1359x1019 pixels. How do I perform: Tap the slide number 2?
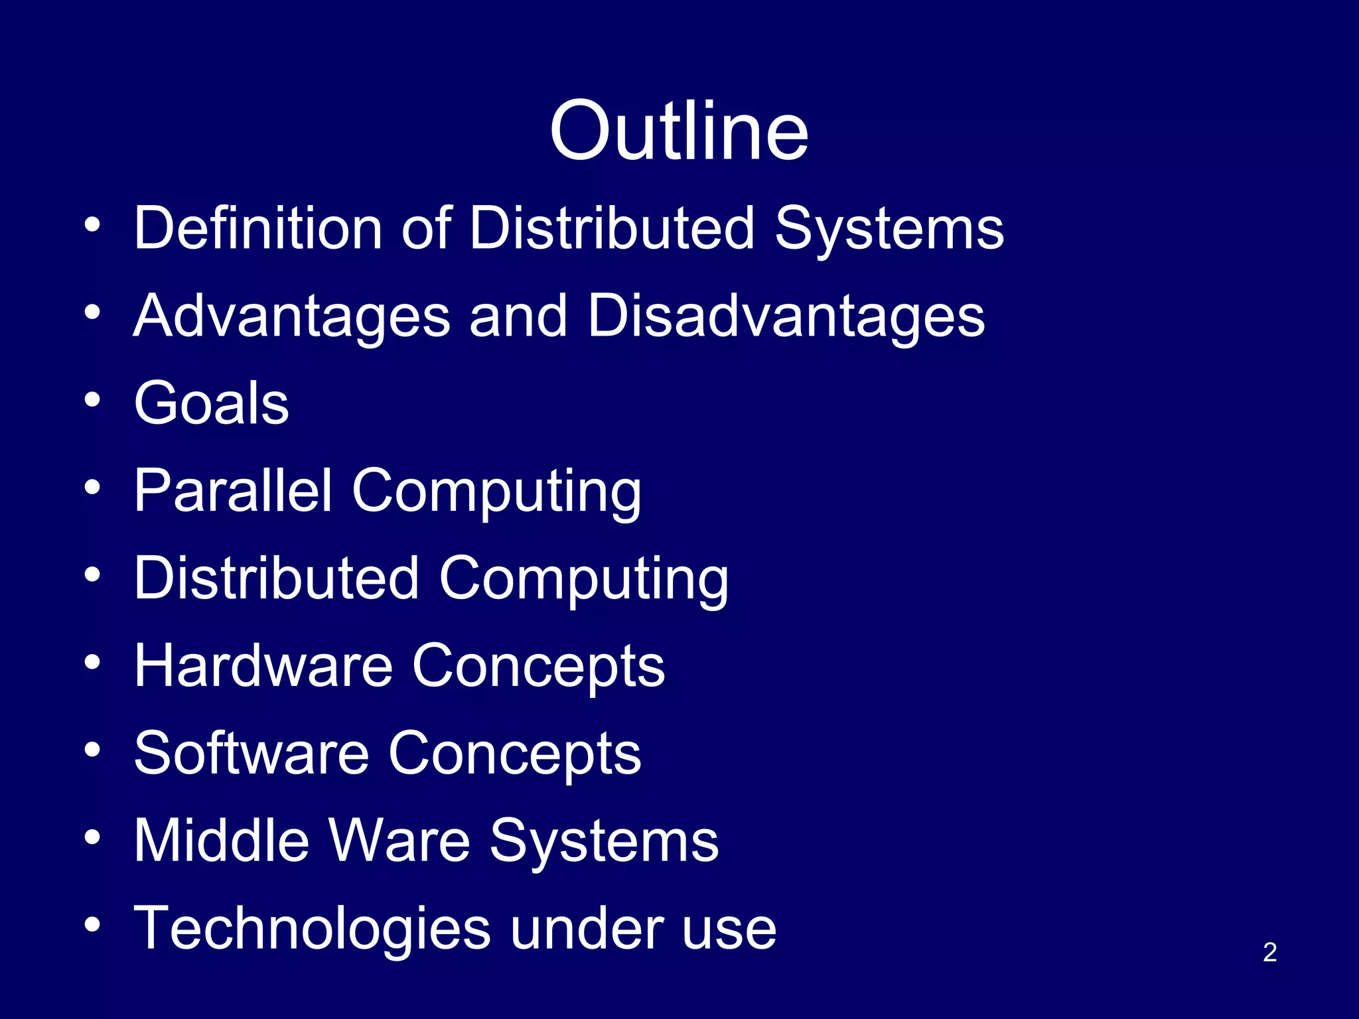point(1269,952)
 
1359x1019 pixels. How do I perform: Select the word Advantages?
point(293,317)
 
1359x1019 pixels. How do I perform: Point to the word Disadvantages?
point(786,316)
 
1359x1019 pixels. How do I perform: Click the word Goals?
point(211,403)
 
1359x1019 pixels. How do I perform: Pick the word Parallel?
point(233,490)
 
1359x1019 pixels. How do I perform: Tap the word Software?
point(251,753)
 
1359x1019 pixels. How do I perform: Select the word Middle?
point(222,841)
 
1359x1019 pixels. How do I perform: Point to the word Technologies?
point(313,928)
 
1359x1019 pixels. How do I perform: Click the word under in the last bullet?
point(587,928)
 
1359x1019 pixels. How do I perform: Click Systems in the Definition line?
point(889,229)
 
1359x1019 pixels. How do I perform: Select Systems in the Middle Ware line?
point(604,842)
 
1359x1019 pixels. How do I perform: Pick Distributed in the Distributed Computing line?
point(277,578)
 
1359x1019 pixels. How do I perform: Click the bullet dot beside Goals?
point(93,400)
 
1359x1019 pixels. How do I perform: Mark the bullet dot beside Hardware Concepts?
point(93,662)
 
